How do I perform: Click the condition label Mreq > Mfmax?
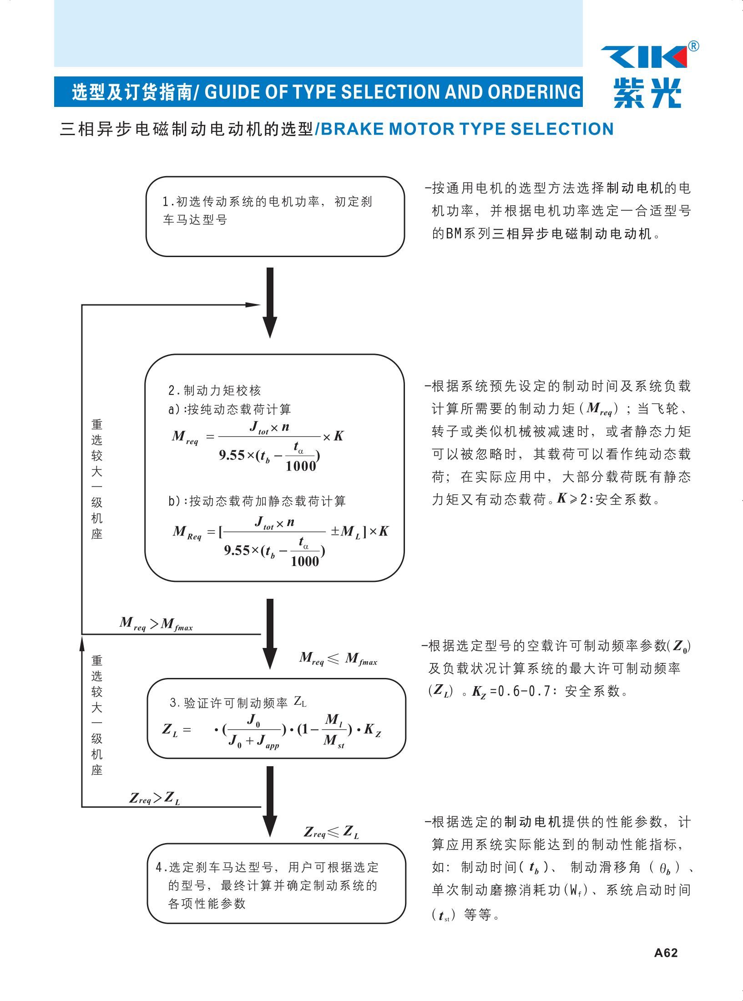click(156, 624)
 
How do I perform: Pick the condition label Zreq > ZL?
click(155, 798)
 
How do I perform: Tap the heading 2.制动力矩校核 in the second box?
click(215, 390)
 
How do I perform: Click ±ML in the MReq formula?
click(345, 531)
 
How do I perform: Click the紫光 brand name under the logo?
click(647, 93)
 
